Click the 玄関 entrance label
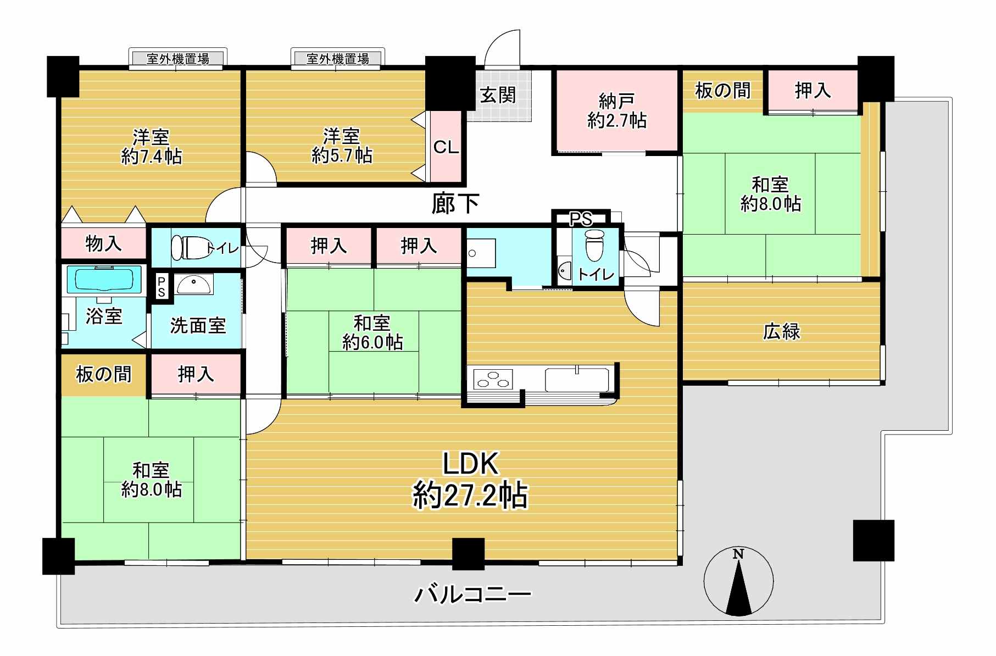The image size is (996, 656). coord(498,95)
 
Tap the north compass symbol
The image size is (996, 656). coord(738,581)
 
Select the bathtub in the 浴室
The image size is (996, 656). coord(104,279)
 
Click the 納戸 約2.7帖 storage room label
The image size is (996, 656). coord(616,111)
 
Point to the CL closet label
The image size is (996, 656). coord(446,147)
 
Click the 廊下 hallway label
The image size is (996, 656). coord(455,204)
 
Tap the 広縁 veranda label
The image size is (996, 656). coord(781,331)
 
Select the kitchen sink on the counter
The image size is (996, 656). coord(577,379)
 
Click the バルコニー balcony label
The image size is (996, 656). coord(473,594)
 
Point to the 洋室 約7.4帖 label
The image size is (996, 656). coord(151,147)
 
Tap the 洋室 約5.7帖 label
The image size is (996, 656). coord(342,146)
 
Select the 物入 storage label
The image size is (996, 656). coord(103,243)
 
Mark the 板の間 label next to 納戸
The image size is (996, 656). coord(722,90)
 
